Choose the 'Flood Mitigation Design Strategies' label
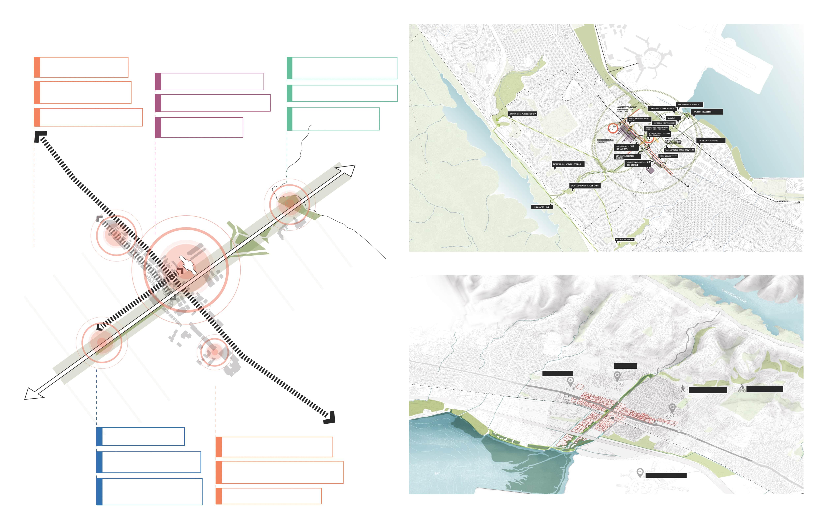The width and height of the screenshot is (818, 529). click(x=679, y=150)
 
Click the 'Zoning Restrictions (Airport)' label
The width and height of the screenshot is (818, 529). click(x=662, y=109)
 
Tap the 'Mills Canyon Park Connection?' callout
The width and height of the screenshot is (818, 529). click(x=625, y=239)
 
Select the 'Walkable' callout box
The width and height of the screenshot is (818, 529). click(x=671, y=118)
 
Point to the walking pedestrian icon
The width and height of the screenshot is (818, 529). click(x=683, y=389)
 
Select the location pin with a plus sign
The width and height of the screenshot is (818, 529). click(x=570, y=381)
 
